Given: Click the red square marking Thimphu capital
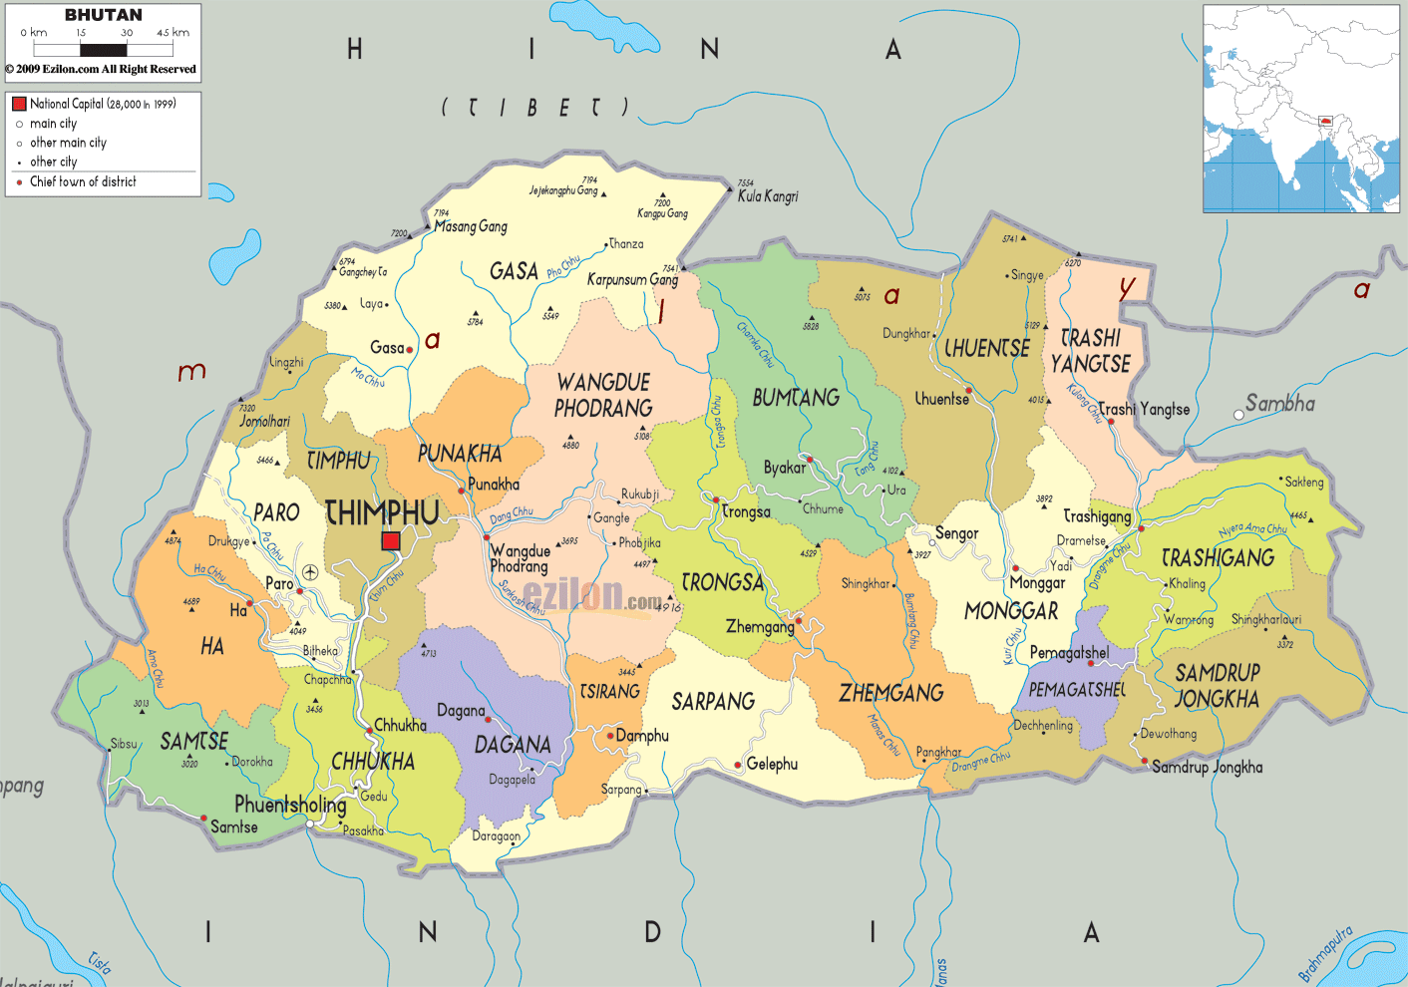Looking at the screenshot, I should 391,540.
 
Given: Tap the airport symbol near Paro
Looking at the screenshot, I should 310,572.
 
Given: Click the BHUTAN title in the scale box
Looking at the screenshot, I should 103,15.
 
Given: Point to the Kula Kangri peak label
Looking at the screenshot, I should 767,196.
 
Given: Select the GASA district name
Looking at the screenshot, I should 514,271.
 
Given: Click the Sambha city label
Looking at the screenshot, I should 1279,404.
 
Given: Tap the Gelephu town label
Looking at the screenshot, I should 772,764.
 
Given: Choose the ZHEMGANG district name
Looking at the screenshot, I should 890,693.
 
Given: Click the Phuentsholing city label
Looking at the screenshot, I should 290,804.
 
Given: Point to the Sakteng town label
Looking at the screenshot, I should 1303,482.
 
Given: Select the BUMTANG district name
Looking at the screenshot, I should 796,398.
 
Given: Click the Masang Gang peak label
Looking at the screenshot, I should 471,226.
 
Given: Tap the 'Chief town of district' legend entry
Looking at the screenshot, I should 83,181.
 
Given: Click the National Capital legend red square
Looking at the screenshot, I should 19,104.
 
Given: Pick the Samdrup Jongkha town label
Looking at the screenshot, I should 1207,767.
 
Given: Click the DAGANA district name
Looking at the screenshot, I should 513,745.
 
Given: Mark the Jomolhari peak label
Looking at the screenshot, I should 264,421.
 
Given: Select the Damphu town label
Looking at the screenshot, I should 642,736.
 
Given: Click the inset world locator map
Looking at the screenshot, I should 1300,109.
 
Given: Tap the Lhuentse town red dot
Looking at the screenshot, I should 968,390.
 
